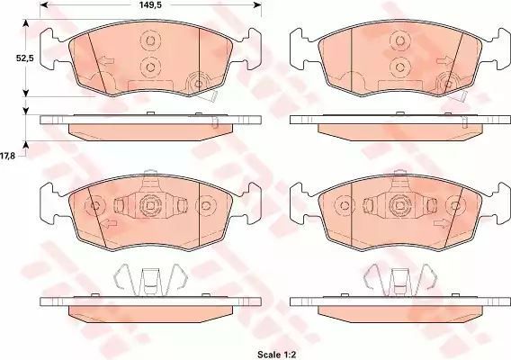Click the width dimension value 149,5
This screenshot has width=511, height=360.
click(150, 4)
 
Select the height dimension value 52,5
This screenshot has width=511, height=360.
click(25, 58)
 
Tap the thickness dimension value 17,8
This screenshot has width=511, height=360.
click(7, 156)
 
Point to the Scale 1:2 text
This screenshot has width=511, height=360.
click(276, 354)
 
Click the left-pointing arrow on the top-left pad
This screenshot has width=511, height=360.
click(106, 61)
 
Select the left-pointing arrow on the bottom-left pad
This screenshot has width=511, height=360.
click(108, 224)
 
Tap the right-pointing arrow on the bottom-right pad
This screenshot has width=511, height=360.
click(441, 223)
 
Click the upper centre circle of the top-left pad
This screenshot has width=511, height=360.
click(150, 40)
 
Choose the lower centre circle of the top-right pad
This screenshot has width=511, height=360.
click(399, 67)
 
